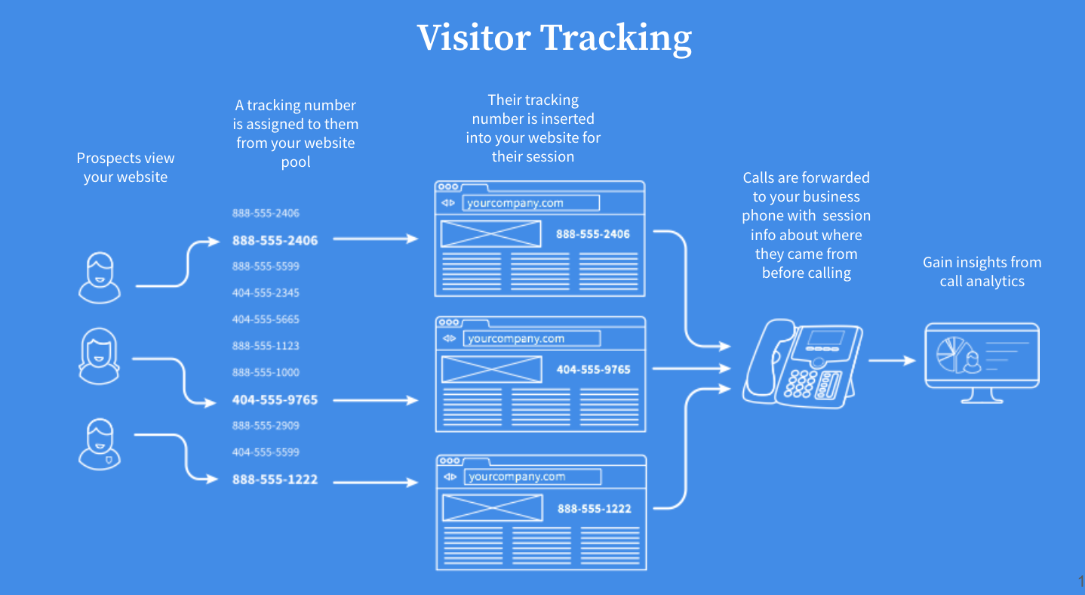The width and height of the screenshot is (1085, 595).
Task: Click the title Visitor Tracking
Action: click(554, 38)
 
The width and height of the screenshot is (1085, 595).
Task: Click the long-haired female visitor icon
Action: click(100, 356)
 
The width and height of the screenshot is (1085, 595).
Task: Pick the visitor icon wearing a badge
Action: click(100, 444)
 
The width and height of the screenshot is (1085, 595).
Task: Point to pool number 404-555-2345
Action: click(266, 293)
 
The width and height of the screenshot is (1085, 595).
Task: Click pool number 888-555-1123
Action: click(266, 346)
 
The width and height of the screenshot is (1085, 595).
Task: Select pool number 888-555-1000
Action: click(266, 372)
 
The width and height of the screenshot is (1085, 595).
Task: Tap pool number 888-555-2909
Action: click(266, 426)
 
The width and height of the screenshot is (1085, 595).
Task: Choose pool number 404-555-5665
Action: click(266, 319)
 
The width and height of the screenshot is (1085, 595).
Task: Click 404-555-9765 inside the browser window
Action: click(593, 370)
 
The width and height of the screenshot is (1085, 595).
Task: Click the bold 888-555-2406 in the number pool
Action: click(275, 241)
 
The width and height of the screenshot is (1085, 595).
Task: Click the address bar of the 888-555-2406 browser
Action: click(530, 203)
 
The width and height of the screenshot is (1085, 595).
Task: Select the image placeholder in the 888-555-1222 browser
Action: click(492, 507)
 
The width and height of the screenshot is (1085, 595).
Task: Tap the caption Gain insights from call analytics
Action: click(982, 272)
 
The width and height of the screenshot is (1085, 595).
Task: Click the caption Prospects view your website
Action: click(125, 168)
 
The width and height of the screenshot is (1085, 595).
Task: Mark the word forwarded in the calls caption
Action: click(835, 178)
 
